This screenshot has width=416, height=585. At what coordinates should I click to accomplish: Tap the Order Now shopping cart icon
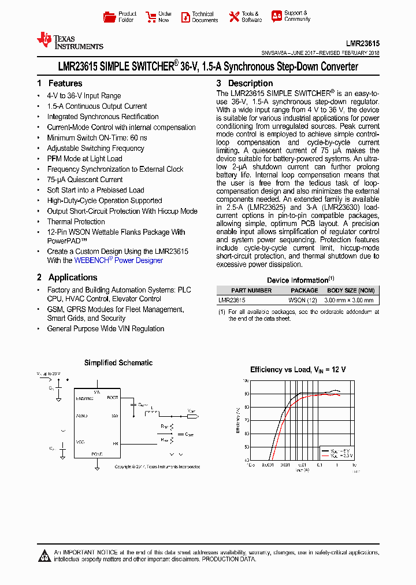click(x=151, y=17)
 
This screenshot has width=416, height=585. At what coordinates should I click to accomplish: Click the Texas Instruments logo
click(x=70, y=40)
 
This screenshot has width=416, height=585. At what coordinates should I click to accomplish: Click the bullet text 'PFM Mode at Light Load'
click(x=84, y=158)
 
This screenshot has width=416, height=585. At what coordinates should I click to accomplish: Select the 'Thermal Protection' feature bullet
click(x=76, y=221)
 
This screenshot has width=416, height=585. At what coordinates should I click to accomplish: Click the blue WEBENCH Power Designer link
click(x=118, y=260)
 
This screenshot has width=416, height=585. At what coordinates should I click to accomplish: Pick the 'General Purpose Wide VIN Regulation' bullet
click(x=106, y=328)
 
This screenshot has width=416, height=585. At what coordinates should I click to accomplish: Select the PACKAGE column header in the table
click(x=304, y=290)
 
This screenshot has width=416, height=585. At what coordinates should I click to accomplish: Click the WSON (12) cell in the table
click(x=303, y=300)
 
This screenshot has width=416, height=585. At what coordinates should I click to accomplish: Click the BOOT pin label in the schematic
click(x=113, y=397)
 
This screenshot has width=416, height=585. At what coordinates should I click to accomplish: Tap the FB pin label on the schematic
click(x=115, y=443)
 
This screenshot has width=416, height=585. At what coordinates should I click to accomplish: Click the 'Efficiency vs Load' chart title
click(x=298, y=369)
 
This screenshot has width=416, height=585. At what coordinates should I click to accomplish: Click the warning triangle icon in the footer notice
click(x=44, y=556)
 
